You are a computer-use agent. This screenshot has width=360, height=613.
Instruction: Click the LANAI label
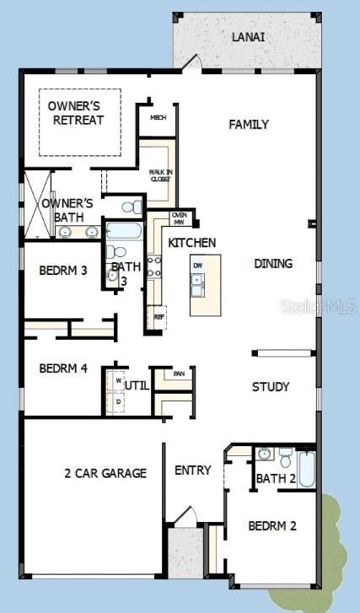point(250,36)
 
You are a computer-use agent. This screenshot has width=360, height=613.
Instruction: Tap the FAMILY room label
point(249,125)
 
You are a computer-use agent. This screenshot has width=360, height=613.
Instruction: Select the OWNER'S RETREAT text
point(76,113)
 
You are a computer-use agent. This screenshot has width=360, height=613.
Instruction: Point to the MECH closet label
point(158,117)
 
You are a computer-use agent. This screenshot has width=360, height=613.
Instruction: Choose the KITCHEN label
point(192,243)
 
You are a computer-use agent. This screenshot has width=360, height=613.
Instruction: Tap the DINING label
point(273,264)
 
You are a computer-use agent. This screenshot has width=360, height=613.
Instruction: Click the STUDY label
point(271,387)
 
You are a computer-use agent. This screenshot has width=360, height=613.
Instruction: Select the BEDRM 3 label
point(63,271)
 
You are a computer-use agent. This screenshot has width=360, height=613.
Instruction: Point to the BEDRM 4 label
point(63,368)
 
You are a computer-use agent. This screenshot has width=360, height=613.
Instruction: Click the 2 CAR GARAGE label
point(105,473)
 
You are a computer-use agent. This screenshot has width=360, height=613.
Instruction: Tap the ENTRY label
point(192,471)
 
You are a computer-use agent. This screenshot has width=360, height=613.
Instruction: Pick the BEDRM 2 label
point(272,526)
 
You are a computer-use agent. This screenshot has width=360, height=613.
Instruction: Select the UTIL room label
point(137,385)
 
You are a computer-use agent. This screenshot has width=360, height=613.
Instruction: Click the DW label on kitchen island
point(197,266)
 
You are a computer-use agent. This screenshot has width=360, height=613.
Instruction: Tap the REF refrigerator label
point(159,317)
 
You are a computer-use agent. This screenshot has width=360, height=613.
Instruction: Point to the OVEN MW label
point(180,218)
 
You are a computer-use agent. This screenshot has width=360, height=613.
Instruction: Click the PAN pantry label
point(179,374)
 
